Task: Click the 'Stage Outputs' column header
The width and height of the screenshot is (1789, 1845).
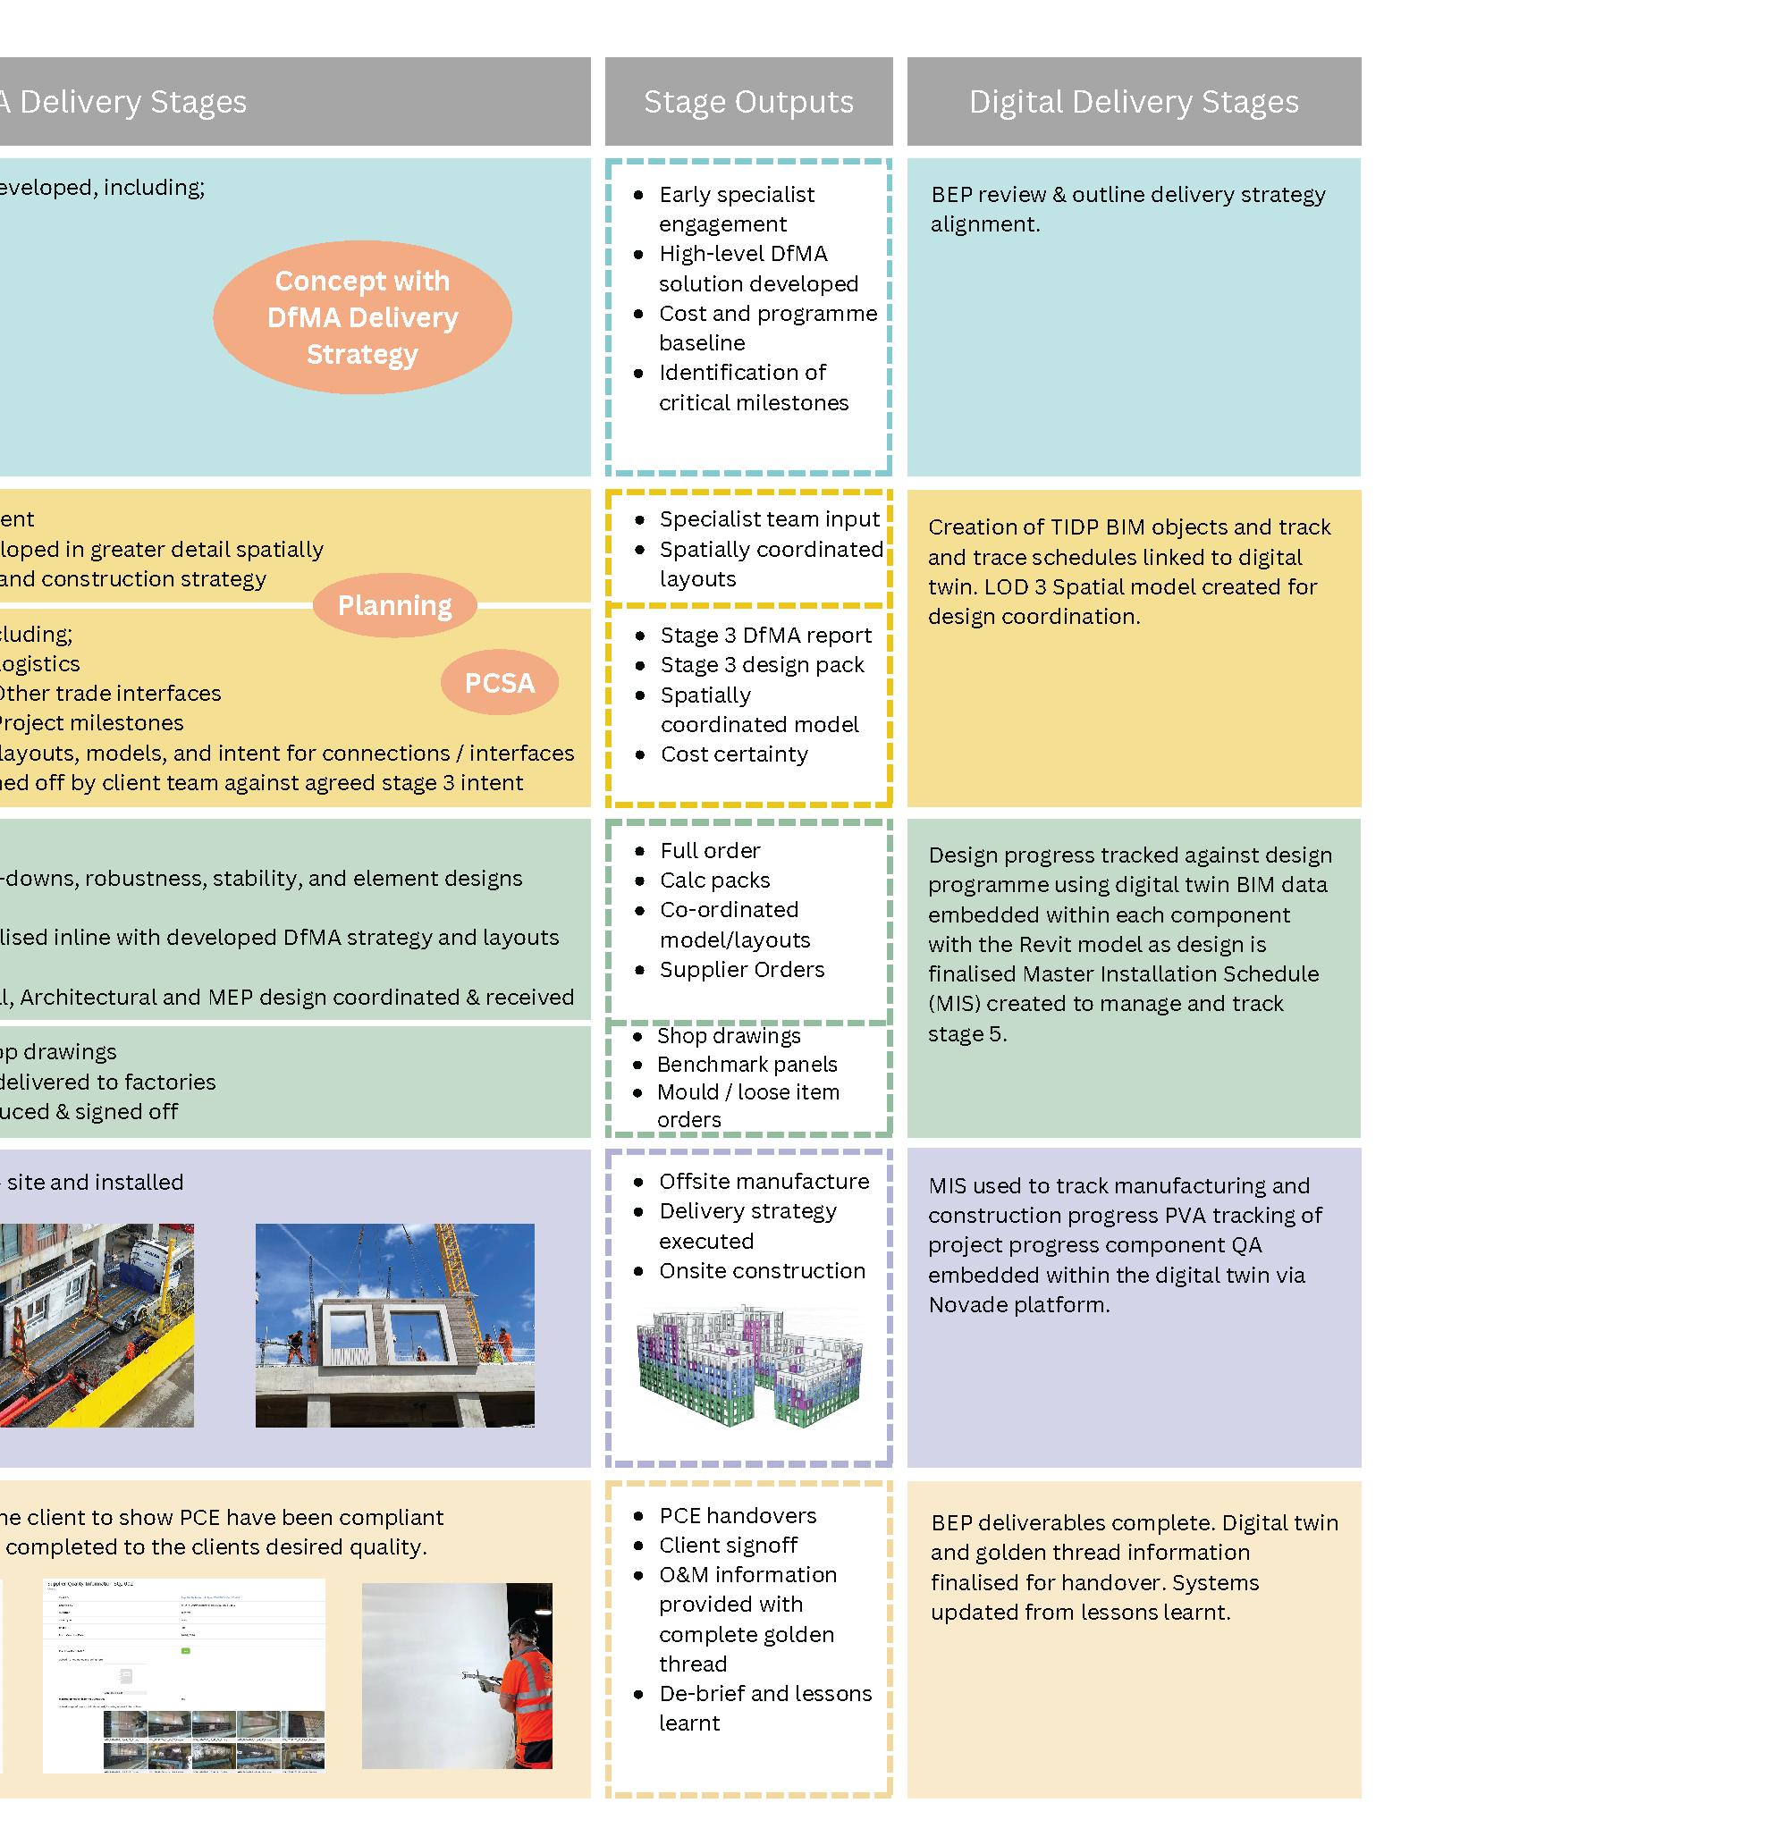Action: click(748, 102)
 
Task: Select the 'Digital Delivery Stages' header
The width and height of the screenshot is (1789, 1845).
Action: click(1134, 102)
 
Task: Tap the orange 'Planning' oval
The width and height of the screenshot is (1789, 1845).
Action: click(394, 605)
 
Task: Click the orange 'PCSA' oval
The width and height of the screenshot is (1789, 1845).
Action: click(499, 682)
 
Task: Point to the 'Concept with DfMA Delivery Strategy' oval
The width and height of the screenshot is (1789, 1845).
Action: click(362, 317)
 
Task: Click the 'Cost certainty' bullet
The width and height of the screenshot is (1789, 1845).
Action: click(733, 754)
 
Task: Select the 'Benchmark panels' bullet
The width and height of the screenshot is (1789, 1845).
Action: click(747, 1064)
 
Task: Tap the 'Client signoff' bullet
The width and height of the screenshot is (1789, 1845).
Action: click(728, 1545)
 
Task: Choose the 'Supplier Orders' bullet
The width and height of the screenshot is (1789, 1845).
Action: click(741, 969)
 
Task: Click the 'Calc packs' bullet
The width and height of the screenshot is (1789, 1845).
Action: click(714, 880)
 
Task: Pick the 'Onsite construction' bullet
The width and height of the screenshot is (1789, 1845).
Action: click(762, 1270)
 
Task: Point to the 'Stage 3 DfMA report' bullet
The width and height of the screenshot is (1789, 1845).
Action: click(765, 635)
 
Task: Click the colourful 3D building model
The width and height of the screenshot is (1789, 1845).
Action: click(749, 1365)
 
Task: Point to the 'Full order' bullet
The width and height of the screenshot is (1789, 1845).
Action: click(710, 850)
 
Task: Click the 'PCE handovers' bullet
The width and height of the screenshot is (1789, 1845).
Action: click(738, 1514)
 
